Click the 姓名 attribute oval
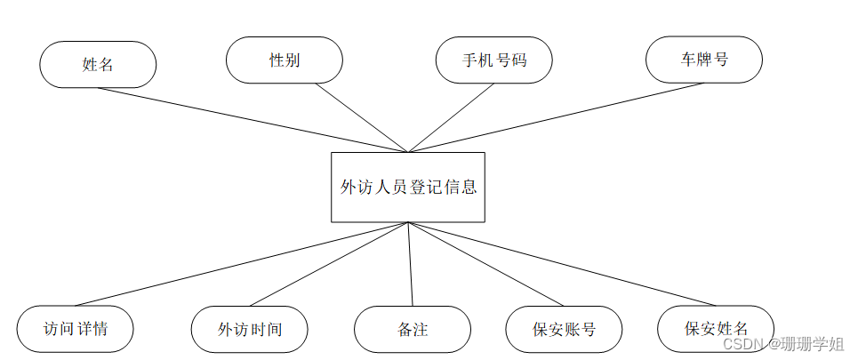click(x=98, y=64)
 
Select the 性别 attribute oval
click(x=285, y=60)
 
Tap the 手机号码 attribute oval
click(x=493, y=60)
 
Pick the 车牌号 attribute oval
click(x=704, y=60)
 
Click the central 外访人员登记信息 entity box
click(x=408, y=187)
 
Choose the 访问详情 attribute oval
click(x=76, y=328)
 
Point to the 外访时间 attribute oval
click(x=250, y=329)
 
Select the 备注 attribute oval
click(x=413, y=329)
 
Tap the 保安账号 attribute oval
click(x=564, y=329)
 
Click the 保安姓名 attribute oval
click(x=716, y=328)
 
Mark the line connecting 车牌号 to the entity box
click(x=556, y=117)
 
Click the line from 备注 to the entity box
click(x=411, y=264)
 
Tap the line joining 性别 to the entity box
click(x=362, y=117)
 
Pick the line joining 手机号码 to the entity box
click(x=440, y=117)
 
